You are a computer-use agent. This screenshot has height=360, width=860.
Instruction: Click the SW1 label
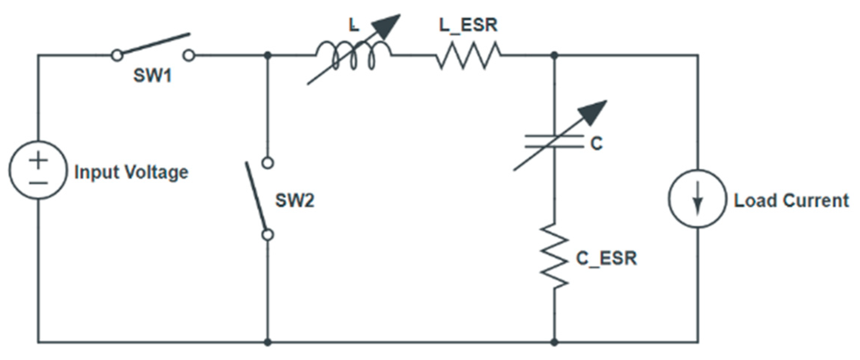pos(152,76)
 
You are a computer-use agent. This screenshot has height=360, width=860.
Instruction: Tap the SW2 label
pos(295,200)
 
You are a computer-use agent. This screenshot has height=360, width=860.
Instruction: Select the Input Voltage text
pos(131,172)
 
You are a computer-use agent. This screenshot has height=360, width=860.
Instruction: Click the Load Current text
pos(791,200)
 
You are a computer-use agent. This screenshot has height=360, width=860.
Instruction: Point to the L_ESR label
pos(468,25)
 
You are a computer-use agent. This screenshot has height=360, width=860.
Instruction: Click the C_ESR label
pos(606,258)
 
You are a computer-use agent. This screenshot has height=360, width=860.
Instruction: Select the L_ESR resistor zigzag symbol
pos(468,56)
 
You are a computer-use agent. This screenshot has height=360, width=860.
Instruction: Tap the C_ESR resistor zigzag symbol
pos(554,256)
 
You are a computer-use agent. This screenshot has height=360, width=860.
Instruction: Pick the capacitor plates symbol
pos(554,142)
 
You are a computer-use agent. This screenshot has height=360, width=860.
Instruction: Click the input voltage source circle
pos(38,170)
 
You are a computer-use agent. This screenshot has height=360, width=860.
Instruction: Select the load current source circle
pos(697,199)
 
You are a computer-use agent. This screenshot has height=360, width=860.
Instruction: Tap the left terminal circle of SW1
pos(117,56)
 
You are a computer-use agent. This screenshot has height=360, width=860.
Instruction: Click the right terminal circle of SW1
pos(189,56)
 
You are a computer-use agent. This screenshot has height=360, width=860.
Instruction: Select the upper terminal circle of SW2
pos(268,163)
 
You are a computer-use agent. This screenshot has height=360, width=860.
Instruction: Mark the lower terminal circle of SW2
pos(268,235)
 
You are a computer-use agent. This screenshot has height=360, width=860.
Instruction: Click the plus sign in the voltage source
pos(38,161)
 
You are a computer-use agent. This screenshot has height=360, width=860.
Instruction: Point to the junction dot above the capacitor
pos(554,56)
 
